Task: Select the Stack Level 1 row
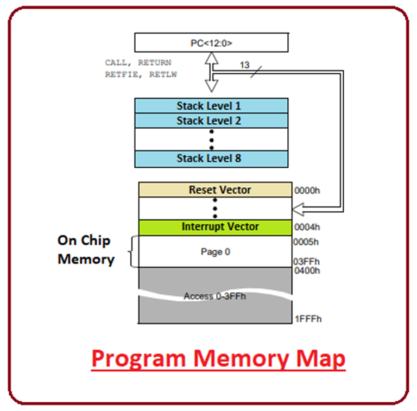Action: coord(211,105)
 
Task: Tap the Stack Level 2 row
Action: coord(211,121)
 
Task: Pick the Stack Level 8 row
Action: coord(211,159)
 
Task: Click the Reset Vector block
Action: coord(215,189)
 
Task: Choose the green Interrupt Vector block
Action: coord(215,227)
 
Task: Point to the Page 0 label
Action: coord(215,252)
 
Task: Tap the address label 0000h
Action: coord(307,191)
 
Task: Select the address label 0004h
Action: coord(307,228)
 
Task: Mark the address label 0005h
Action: coord(307,242)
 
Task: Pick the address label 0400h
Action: coord(307,271)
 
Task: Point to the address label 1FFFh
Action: coord(308,319)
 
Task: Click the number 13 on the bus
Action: coord(244,65)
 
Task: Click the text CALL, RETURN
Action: coord(138,63)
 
